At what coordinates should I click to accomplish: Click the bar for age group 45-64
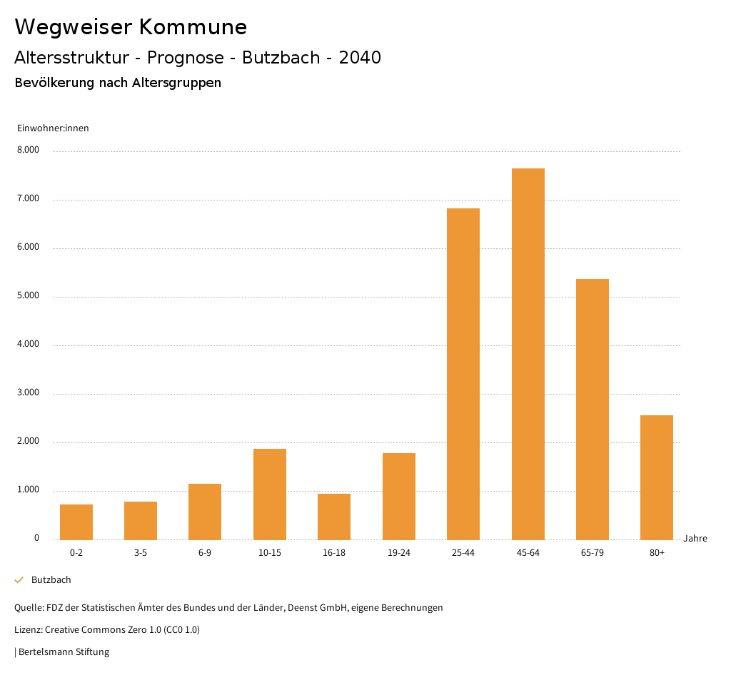click(528, 354)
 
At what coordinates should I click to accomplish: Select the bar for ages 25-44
click(463, 374)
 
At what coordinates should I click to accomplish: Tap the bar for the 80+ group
click(657, 477)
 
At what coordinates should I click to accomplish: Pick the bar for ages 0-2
click(76, 522)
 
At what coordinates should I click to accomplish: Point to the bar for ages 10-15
click(270, 494)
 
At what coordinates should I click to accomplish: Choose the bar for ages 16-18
click(334, 517)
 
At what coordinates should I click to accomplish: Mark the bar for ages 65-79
click(593, 409)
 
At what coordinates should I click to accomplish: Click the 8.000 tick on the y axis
click(29, 151)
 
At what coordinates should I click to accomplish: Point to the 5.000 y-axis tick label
click(29, 296)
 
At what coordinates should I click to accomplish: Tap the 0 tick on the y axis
click(36, 538)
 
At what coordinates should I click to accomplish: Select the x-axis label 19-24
click(398, 553)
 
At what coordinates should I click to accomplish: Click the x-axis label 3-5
click(141, 553)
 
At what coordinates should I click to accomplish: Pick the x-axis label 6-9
click(205, 553)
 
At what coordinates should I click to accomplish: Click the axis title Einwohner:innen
click(53, 128)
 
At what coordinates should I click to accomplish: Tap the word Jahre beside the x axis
click(695, 539)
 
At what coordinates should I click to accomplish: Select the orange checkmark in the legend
click(19, 580)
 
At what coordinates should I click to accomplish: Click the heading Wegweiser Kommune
click(131, 27)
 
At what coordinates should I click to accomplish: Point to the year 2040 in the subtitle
click(360, 58)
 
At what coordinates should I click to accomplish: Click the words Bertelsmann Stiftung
click(64, 651)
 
